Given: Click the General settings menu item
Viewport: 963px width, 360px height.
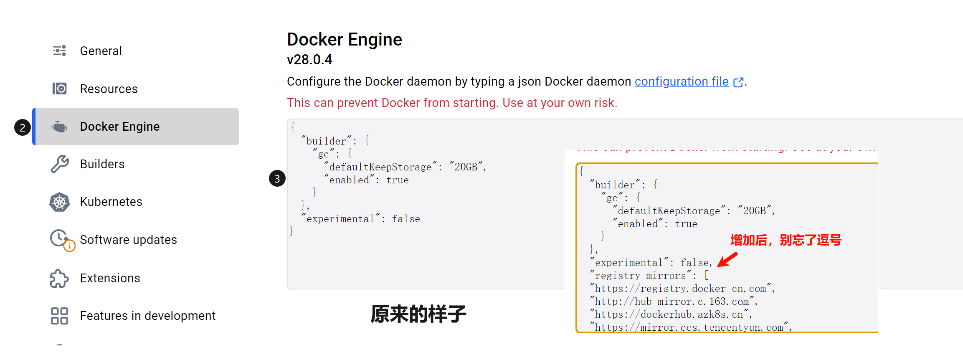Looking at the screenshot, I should (x=101, y=51).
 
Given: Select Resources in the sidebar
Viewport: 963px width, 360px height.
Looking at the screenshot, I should (x=109, y=89).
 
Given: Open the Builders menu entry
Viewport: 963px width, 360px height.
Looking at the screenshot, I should (x=102, y=164).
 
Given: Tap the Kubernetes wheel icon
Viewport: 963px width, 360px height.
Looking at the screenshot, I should (x=60, y=202).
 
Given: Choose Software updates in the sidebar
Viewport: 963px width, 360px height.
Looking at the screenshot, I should (x=128, y=240).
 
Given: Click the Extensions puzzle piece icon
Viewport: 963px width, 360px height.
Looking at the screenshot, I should (x=59, y=278).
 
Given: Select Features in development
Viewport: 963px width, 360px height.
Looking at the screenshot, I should (x=147, y=316).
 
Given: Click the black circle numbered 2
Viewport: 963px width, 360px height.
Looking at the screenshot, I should (x=23, y=127).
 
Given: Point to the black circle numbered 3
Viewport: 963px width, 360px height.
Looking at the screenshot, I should (x=277, y=179).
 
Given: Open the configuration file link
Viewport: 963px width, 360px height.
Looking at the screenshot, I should (x=682, y=81).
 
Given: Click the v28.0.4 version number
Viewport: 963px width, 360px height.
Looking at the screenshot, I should (x=309, y=60).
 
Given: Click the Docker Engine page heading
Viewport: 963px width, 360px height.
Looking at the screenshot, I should (x=345, y=40).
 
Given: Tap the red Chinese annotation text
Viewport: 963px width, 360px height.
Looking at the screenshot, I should (x=786, y=240).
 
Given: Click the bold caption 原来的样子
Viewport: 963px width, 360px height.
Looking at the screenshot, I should (x=418, y=314).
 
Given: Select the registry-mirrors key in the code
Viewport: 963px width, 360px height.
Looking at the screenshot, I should (x=641, y=276).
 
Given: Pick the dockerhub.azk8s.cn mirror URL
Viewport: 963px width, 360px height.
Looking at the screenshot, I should (x=669, y=314).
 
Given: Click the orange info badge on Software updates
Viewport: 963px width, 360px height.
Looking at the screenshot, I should (x=69, y=246).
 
